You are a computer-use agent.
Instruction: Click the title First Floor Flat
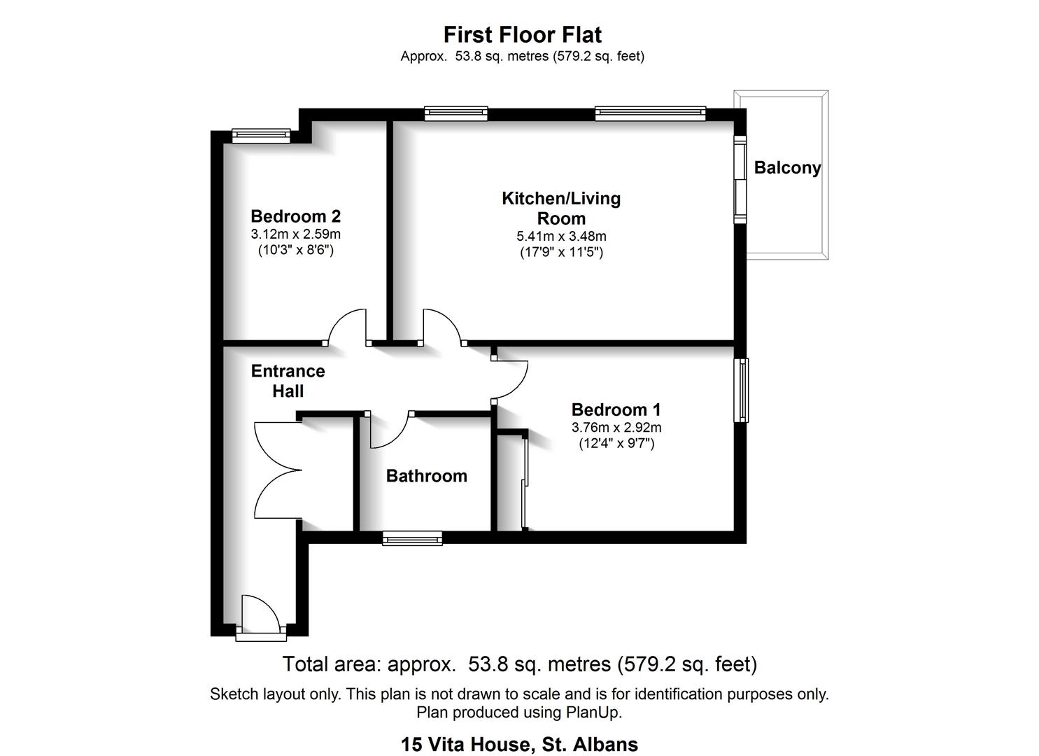522,34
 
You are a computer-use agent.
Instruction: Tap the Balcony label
786,168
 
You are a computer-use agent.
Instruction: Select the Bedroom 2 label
295,216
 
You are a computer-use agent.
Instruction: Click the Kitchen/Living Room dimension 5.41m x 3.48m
561,237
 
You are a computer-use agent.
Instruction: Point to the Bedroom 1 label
616,409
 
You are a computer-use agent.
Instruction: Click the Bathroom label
426,476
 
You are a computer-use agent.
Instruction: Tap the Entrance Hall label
288,381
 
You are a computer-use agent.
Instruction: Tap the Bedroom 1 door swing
511,381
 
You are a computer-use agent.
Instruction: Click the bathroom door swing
389,431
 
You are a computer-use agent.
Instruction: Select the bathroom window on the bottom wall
412,538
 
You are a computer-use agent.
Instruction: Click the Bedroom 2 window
261,135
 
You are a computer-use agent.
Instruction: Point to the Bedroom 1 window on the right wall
741,390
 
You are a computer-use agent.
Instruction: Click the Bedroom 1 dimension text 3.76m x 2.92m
616,428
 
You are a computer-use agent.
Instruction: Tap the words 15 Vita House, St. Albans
519,744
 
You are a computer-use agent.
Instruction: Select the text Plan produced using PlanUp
519,713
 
